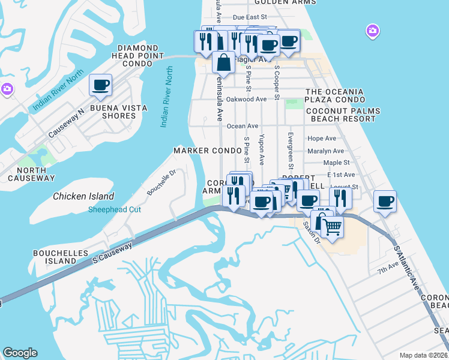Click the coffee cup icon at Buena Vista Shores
pyautogui.click(x=100, y=85)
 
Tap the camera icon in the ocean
pyautogui.click(x=372, y=31)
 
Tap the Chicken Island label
pyautogui.click(x=83, y=196)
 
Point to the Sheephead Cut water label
pyautogui.click(x=115, y=209)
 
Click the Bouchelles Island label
pyautogui.click(x=61, y=257)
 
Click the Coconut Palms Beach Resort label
pyautogui.click(x=340, y=115)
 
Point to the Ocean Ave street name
pyautogui.click(x=243, y=126)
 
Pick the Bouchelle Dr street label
pyautogui.click(x=160, y=182)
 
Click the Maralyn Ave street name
pyautogui.click(x=325, y=151)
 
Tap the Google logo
pyautogui.click(x=20, y=353)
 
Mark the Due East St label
pyautogui.click(x=249, y=18)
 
